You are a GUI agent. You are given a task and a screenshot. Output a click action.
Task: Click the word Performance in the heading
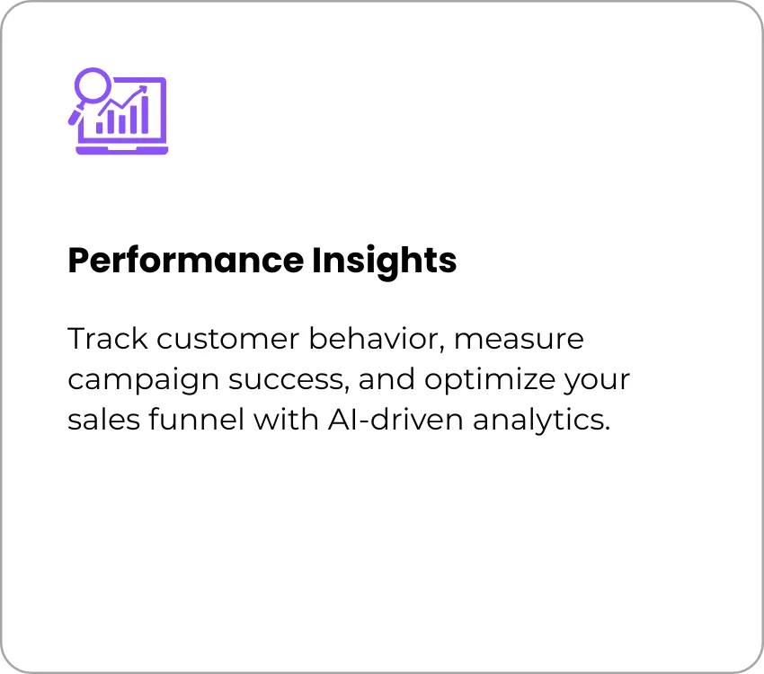(x=186, y=261)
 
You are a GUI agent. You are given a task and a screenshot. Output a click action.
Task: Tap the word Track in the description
(x=107, y=338)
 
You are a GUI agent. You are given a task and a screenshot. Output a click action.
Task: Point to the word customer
(x=228, y=339)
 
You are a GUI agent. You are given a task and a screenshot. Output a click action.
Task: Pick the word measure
(x=519, y=340)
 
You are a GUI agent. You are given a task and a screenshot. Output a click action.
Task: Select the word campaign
(x=143, y=380)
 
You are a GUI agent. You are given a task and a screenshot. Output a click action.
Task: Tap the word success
(x=289, y=380)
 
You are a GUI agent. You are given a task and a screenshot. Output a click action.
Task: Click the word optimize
(x=490, y=379)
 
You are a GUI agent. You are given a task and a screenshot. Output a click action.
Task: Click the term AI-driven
(x=395, y=419)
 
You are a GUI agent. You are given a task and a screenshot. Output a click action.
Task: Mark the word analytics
(x=541, y=420)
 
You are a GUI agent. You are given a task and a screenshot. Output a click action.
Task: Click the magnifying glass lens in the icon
(x=93, y=84)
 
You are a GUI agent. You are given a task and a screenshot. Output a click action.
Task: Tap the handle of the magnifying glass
(x=76, y=115)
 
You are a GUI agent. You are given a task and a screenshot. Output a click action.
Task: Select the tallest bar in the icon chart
(x=144, y=115)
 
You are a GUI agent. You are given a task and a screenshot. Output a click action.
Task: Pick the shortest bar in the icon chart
(x=100, y=128)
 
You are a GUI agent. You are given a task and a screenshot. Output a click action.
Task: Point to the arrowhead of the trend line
(x=143, y=89)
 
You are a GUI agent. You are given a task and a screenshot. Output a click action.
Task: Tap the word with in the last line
(x=286, y=419)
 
